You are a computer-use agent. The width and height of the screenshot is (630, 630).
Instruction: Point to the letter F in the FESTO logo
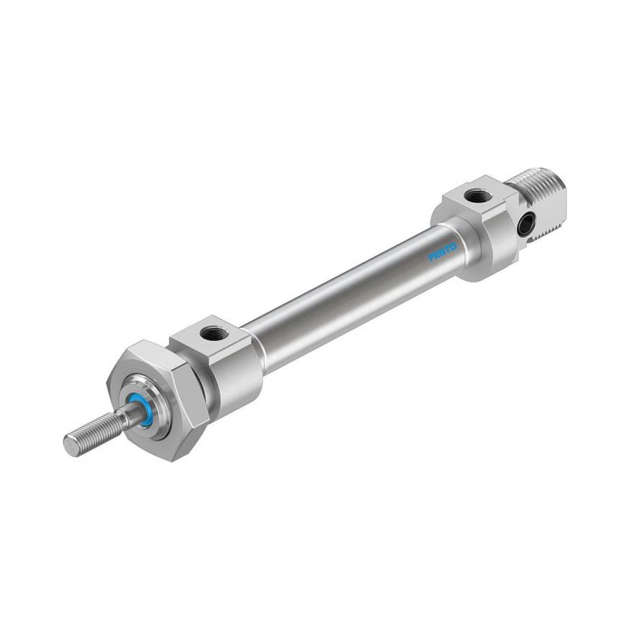coord(431,259)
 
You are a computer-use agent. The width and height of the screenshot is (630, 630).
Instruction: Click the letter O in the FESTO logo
coord(454,246)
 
